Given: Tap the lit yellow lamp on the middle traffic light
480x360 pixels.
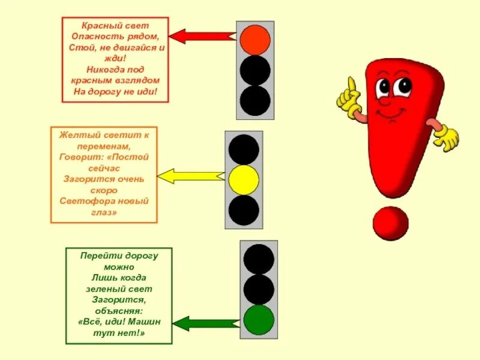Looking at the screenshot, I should click(x=244, y=180).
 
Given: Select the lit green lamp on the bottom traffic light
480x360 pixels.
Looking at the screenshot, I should click(x=259, y=320).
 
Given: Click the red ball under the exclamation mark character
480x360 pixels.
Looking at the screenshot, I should click(x=390, y=223).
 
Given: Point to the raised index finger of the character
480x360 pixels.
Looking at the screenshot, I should click(x=353, y=85).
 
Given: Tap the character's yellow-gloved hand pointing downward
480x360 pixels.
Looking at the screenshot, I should click(x=446, y=138).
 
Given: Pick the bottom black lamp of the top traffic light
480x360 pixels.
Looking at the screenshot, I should click(x=255, y=100).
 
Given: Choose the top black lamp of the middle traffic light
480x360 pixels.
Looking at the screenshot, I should click(x=244, y=149).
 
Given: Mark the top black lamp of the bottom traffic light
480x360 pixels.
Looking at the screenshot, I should click(x=259, y=259).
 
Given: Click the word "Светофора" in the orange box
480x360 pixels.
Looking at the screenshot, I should click(x=84, y=201).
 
